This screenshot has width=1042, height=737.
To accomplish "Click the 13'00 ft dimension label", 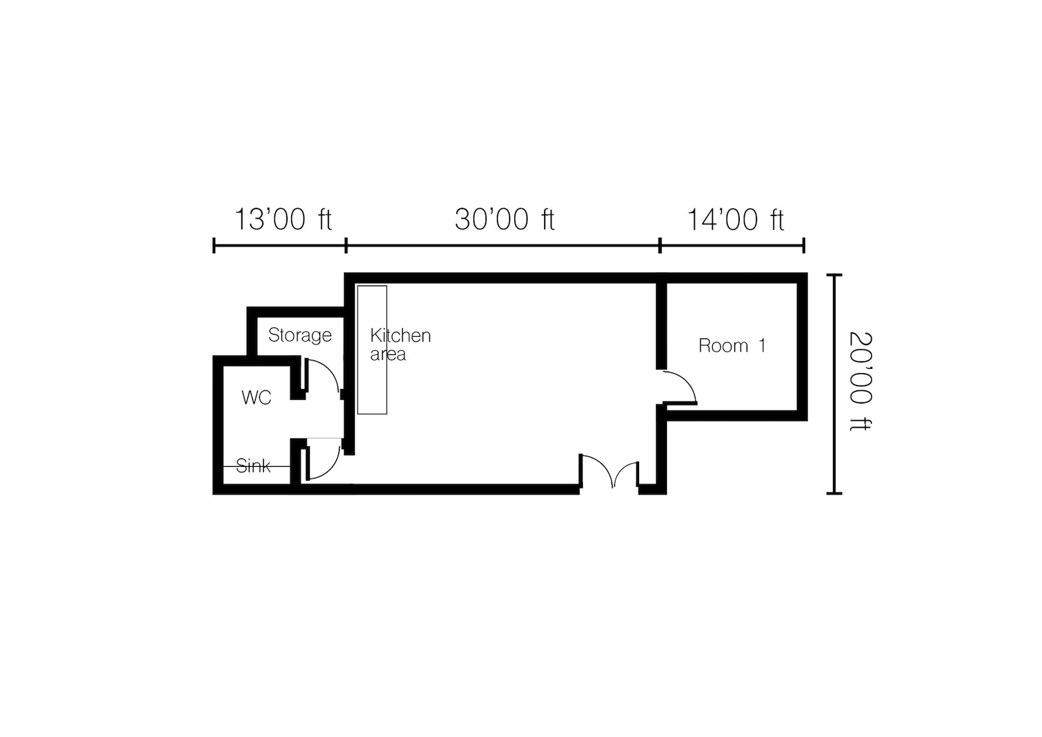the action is click(283, 219).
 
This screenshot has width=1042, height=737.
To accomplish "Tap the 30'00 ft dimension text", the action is click(505, 219).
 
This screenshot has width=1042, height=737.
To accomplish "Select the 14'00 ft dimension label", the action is click(735, 220).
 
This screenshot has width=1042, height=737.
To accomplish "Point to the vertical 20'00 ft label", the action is click(860, 381).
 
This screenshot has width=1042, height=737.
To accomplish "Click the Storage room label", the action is click(300, 336).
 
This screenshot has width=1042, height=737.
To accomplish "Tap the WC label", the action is click(256, 397).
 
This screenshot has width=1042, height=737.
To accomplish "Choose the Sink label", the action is click(254, 465).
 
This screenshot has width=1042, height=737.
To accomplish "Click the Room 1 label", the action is click(731, 345).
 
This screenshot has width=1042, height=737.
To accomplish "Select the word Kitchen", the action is click(401, 335).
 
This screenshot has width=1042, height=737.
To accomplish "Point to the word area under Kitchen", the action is click(388, 354).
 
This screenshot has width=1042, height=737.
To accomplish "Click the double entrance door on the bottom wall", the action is click(609, 471).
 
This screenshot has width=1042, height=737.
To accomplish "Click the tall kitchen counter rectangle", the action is click(372, 350).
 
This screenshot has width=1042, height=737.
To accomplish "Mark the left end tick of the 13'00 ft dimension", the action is click(214, 245).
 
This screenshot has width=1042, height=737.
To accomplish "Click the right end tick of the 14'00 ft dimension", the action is click(804, 245).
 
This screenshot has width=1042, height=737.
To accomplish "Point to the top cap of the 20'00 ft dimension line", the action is click(834, 275).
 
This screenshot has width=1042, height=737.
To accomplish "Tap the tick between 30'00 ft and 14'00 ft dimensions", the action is click(660, 245).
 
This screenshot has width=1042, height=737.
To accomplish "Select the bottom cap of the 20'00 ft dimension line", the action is click(834, 493).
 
